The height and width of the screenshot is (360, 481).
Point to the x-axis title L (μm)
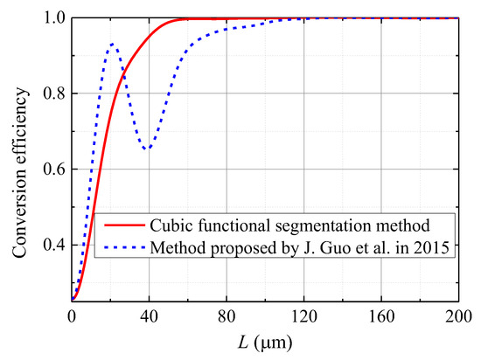coord(265,342)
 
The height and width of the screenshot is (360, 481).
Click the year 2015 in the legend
coord(428,248)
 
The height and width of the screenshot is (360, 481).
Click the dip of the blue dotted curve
coord(148,149)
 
